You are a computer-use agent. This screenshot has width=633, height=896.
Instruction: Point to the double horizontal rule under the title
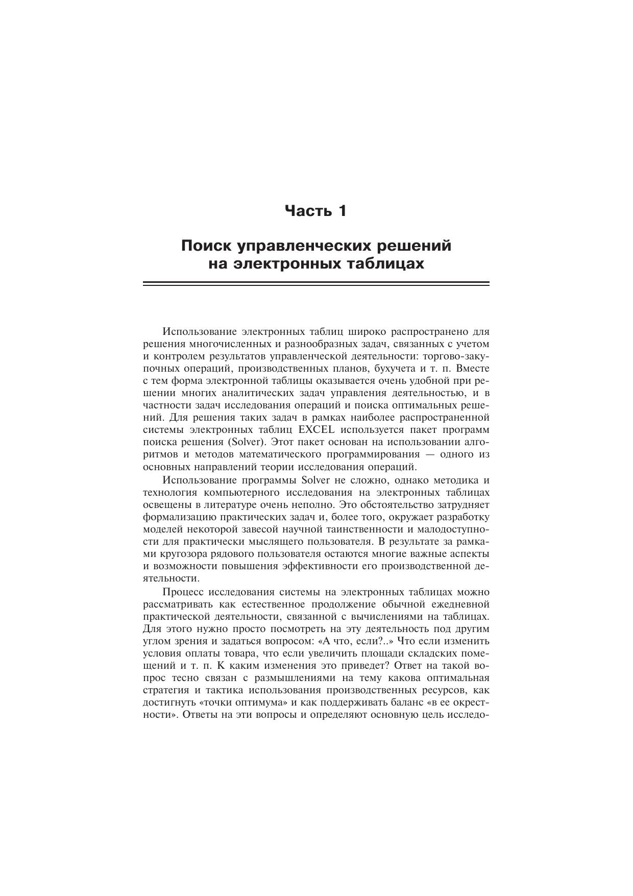(x=316, y=284)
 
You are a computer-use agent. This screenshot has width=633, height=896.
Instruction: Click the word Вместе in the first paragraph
(x=473, y=368)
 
